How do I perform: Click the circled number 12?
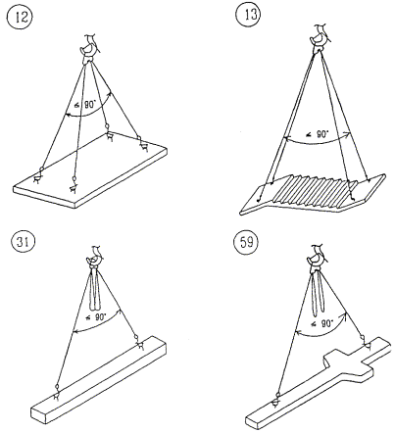pos(20,17)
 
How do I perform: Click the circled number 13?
pos(248,15)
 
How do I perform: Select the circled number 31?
pos(22,242)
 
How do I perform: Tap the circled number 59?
pos(246,243)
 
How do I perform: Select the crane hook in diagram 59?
pos(317,257)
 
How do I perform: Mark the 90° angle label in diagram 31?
pos(95,316)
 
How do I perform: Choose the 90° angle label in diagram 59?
pos(321,323)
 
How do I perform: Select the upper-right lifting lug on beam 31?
pos(139,342)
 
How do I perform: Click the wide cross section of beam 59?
pos(348,365)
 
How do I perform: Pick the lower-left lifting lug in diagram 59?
pos(277,400)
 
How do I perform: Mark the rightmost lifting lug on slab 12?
pos(142,143)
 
